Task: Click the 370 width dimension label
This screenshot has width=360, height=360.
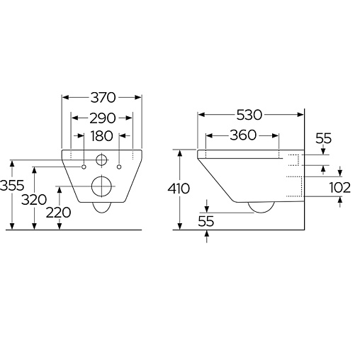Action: [x=103, y=98]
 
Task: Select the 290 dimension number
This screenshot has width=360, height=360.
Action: [x=103, y=118]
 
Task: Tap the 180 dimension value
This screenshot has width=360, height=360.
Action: [x=102, y=136]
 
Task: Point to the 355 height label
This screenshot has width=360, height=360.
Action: [x=12, y=185]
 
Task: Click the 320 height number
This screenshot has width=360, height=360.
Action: [x=34, y=200]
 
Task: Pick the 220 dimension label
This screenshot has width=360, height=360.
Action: [x=58, y=213]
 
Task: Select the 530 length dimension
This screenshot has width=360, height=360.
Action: [x=249, y=115]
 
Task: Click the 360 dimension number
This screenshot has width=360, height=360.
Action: [x=243, y=135]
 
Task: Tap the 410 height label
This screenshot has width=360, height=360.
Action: [x=179, y=189]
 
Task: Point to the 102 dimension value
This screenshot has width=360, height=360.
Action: [x=340, y=188]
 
